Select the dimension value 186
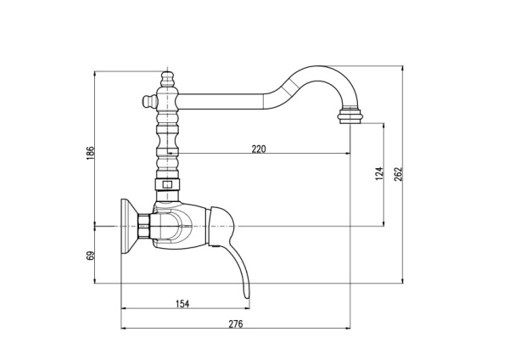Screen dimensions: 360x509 click(x=91, y=153)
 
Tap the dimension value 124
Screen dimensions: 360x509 click(x=378, y=173)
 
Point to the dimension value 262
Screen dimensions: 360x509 click(x=399, y=173)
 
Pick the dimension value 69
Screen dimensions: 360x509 click(x=91, y=255)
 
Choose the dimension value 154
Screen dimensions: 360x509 click(x=182, y=303)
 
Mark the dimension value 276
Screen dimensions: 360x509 click(x=236, y=324)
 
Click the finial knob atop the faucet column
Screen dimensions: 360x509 click(x=167, y=80)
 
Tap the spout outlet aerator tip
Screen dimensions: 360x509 click(x=350, y=115)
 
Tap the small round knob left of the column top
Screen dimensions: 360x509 click(x=145, y=103)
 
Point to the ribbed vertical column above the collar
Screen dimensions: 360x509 click(x=167, y=140)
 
